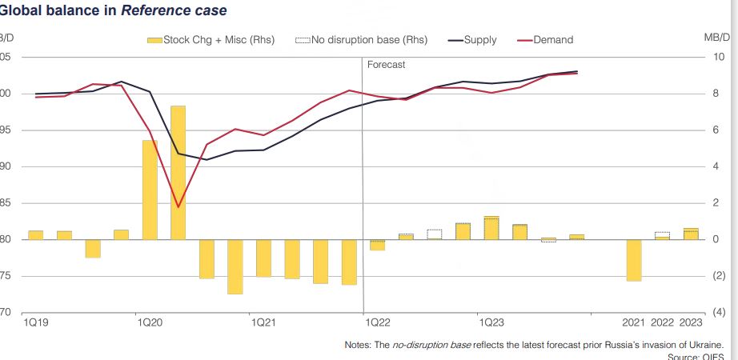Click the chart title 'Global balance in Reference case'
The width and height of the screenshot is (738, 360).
[x=113, y=11]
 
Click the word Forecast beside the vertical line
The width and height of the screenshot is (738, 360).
[x=387, y=65]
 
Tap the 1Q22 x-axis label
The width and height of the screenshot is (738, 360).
[x=377, y=322]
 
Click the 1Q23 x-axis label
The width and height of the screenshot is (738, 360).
[x=491, y=322]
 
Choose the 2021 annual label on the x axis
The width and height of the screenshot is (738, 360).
[x=634, y=322]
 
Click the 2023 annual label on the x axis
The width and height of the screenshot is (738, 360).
[x=691, y=322]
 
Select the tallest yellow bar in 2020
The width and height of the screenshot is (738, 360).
[x=178, y=172]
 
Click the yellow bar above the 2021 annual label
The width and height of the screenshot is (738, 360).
[x=634, y=260]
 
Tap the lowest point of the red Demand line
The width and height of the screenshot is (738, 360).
[x=178, y=206]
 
